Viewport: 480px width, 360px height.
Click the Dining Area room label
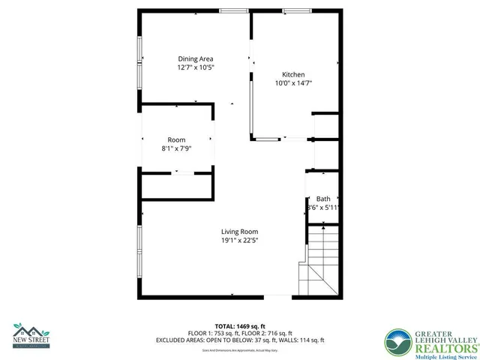(196, 58)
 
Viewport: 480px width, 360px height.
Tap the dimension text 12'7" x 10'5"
(196, 67)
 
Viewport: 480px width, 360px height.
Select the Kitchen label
(292, 74)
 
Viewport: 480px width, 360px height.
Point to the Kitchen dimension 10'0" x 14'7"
(292, 83)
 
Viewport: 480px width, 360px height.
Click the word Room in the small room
(176, 139)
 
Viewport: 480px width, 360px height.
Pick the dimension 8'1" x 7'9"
(176, 148)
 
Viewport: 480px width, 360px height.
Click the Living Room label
(240, 232)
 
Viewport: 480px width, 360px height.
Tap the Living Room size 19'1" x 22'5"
(240, 241)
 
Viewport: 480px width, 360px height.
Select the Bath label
(322, 198)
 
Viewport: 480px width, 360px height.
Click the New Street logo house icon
(30, 330)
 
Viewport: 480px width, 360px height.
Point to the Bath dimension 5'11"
(333, 207)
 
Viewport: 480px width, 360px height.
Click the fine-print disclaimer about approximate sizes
(240, 349)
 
